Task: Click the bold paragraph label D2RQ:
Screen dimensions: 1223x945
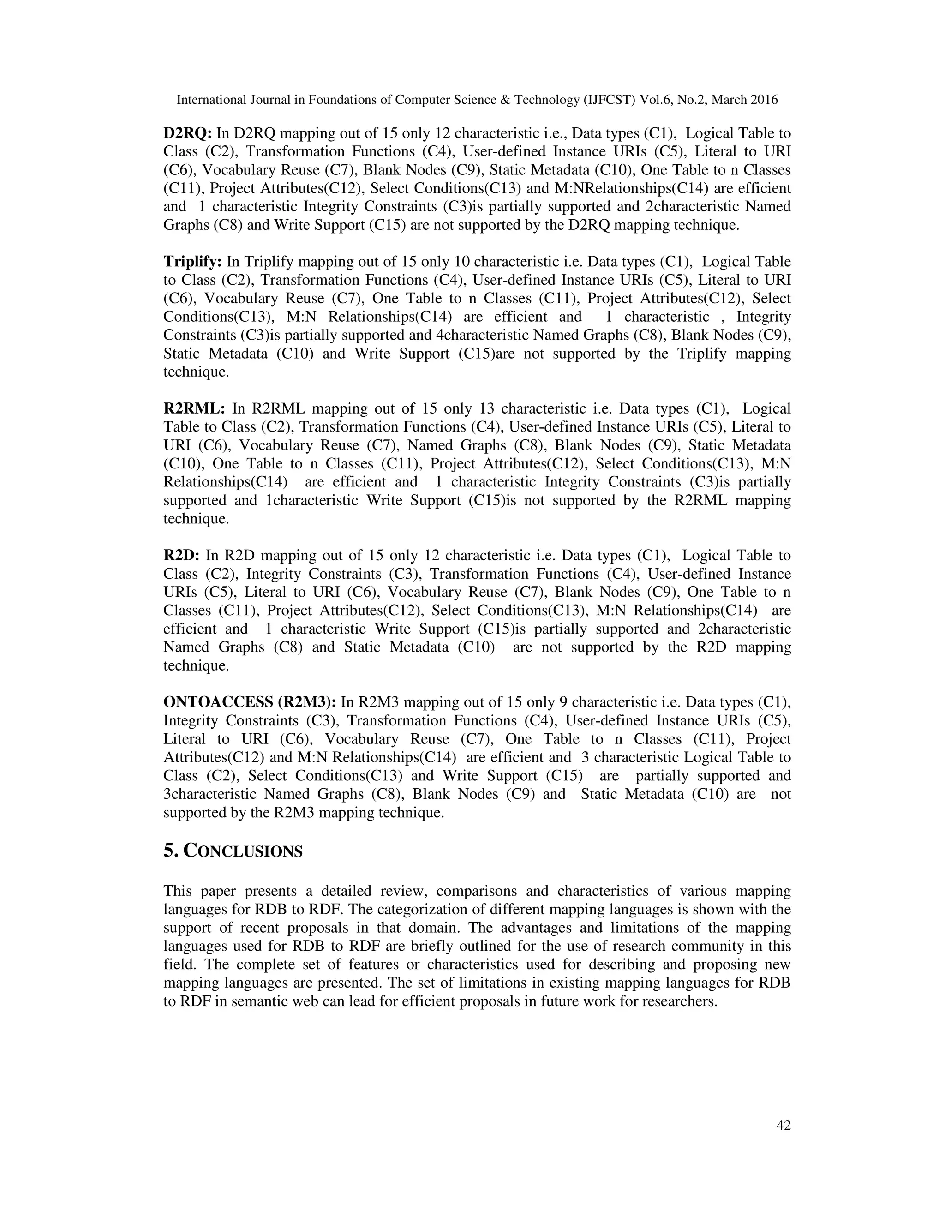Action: point(187,133)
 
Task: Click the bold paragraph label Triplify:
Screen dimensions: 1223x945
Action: point(192,262)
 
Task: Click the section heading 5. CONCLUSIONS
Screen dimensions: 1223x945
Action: point(233,851)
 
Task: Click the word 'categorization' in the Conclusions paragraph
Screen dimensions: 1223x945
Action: point(418,910)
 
